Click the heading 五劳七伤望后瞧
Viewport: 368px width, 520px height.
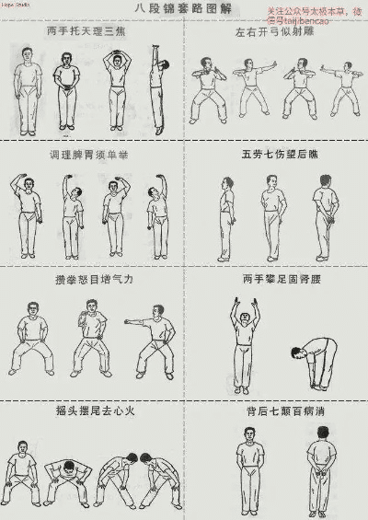(x=276, y=154)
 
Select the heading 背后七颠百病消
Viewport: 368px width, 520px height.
(x=276, y=411)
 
